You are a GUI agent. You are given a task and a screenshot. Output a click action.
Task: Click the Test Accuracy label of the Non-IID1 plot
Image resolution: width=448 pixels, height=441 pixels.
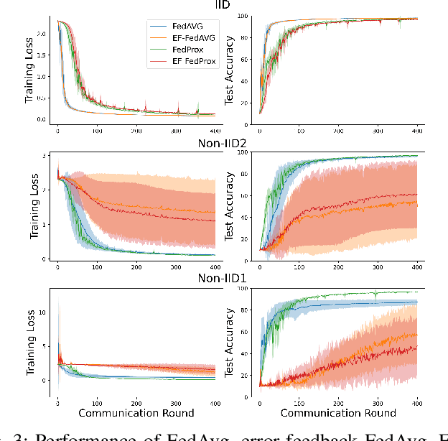(x=230, y=343)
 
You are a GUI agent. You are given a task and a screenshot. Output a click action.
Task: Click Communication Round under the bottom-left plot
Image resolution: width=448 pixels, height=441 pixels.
(x=136, y=413)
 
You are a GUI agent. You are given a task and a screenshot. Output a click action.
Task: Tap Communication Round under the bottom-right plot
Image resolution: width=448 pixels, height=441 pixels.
(x=338, y=413)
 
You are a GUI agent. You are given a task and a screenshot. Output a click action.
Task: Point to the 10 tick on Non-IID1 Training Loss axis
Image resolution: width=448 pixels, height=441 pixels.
(x=42, y=313)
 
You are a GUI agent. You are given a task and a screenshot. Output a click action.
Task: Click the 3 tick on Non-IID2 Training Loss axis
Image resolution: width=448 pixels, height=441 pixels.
(x=45, y=156)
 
